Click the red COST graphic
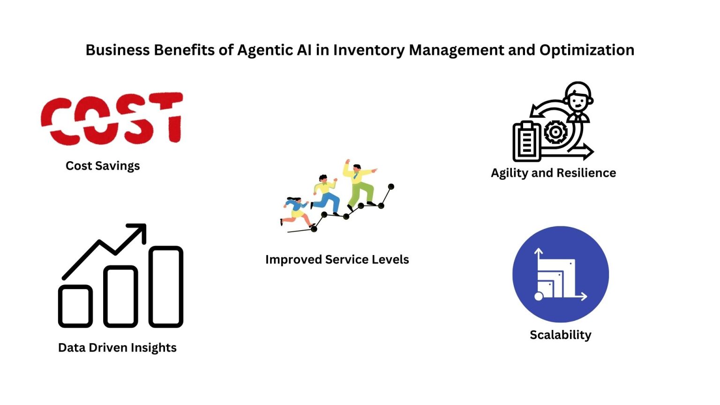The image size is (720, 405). pos(112,118)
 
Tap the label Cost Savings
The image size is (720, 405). pos(103,166)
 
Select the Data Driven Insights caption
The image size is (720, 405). pos(117,348)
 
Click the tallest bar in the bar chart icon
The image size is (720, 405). pos(166,286)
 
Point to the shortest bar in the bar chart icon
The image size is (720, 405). pos(75,306)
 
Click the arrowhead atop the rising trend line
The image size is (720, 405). pos(139,231)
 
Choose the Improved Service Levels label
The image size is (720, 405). pos(337,260)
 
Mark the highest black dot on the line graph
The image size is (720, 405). pos(391,187)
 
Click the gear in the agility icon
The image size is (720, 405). pos(555,132)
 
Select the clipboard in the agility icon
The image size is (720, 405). pos(526,141)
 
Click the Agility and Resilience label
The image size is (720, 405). pos(553,173)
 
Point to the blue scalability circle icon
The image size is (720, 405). pos(561,274)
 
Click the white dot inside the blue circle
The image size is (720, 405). pos(539,296)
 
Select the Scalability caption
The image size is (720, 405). pos(561,335)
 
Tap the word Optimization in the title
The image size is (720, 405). pos(586,50)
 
